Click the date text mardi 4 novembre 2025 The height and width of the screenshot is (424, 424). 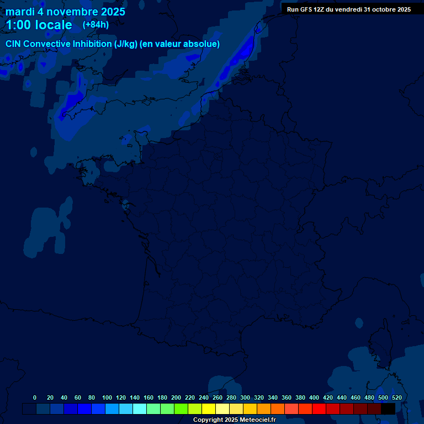[x=65, y=12]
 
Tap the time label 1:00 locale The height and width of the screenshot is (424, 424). [x=39, y=25]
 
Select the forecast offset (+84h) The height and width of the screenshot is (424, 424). [x=96, y=24]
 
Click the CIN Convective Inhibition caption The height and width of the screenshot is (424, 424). [x=113, y=44]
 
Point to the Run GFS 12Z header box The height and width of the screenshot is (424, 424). [x=349, y=9]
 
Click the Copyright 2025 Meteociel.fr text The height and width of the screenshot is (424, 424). [x=234, y=420]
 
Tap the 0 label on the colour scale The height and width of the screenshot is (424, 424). [x=35, y=397]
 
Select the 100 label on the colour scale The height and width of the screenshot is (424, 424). [x=107, y=397]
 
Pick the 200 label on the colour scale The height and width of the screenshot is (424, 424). [x=176, y=397]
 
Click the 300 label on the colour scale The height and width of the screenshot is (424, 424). [x=245, y=397]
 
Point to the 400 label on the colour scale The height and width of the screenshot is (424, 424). [x=314, y=397]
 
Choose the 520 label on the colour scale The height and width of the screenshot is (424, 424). [x=396, y=397]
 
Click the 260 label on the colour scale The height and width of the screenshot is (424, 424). [x=218, y=397]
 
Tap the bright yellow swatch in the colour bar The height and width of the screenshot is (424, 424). [x=209, y=409]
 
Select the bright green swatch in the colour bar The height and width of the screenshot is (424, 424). [x=181, y=409]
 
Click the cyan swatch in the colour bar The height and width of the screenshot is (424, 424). [x=140, y=409]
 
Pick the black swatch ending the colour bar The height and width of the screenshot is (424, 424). [x=388, y=409]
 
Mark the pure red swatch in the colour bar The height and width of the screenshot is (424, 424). [x=319, y=409]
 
